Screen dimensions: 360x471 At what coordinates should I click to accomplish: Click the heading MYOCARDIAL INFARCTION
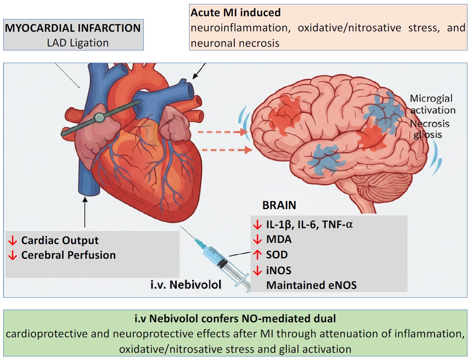pyautogui.click(x=73, y=28)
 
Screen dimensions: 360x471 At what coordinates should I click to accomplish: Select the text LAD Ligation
pyautogui.click(x=78, y=42)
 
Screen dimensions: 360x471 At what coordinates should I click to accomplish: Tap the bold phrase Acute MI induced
pyautogui.click(x=235, y=13)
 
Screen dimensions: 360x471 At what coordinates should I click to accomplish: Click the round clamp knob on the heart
pyautogui.click(x=99, y=117)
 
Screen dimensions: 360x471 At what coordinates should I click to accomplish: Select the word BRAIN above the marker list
pyautogui.click(x=279, y=205)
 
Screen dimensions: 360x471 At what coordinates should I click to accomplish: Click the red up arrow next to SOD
pyautogui.click(x=257, y=255)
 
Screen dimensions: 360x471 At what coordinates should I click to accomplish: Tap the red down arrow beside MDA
pyautogui.click(x=257, y=240)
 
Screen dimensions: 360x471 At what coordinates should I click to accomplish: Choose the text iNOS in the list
pyautogui.click(x=279, y=271)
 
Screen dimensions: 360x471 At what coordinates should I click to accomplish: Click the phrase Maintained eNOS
pyautogui.click(x=311, y=285)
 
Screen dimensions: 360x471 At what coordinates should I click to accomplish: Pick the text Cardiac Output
pyautogui.click(x=60, y=241)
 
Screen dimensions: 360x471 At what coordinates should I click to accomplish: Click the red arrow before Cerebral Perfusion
pyautogui.click(x=12, y=255)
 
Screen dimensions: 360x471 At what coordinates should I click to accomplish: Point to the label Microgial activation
pyautogui.click(x=432, y=104)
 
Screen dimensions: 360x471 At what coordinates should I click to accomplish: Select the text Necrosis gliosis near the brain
pyautogui.click(x=430, y=129)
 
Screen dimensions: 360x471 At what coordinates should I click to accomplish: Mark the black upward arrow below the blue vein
pyautogui.click(x=85, y=210)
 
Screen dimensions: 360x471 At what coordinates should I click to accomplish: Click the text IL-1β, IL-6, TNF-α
pyautogui.click(x=309, y=225)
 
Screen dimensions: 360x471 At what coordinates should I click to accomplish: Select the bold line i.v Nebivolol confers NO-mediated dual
pyautogui.click(x=235, y=319)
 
